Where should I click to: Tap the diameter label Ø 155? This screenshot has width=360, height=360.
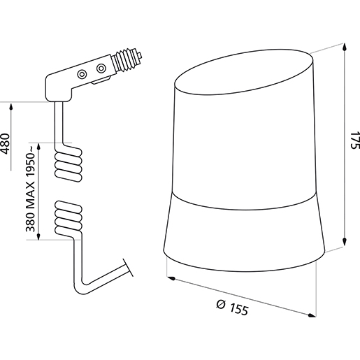pos(233,307)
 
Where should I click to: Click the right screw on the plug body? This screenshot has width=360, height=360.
pos(102,69)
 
